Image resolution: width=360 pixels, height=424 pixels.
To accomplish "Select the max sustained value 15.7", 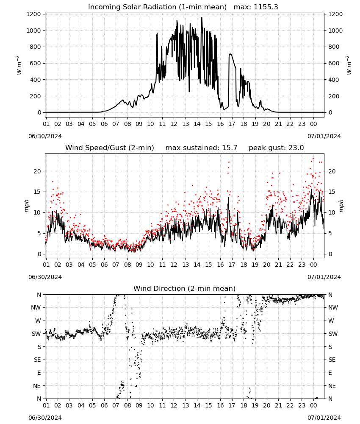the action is pyautogui.click(x=230, y=148).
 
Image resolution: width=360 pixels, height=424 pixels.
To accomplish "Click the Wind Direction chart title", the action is pyautogui.click(x=185, y=288).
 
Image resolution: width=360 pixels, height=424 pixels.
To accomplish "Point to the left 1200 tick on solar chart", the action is pyautogui.click(x=33, y=14).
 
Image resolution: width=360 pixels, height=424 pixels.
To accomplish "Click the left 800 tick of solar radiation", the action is pyautogui.click(x=36, y=47).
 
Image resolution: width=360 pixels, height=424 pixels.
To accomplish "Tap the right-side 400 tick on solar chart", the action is pyautogui.click(x=334, y=80).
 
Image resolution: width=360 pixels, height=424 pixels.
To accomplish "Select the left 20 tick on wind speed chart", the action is pyautogui.click(x=38, y=171).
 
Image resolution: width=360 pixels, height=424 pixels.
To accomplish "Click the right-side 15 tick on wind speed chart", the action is pyautogui.click(x=332, y=192).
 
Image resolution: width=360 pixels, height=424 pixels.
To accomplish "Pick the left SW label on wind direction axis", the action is pyautogui.click(x=36, y=334).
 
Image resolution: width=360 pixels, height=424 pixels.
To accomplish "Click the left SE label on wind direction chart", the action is pyautogui.click(x=37, y=360).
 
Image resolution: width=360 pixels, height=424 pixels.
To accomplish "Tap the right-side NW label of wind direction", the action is pyautogui.click(x=333, y=308).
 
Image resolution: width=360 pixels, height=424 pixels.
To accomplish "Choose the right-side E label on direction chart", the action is pyautogui.click(x=330, y=373).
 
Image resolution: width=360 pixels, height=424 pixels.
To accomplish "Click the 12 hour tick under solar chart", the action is pyautogui.click(x=174, y=124).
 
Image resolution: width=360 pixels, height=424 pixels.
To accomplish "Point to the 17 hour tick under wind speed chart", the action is pyautogui.click(x=232, y=265).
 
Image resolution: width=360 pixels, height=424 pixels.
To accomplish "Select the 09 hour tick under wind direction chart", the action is pyautogui.click(x=139, y=405).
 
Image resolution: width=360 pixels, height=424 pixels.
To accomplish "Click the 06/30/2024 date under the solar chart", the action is pyautogui.click(x=45, y=136).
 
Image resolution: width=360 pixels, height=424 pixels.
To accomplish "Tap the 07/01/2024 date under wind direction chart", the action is pyautogui.click(x=324, y=418).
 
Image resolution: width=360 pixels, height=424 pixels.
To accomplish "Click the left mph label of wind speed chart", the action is pyautogui.click(x=26, y=206).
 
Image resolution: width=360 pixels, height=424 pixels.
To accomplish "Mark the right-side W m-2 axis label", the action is pyautogui.click(x=349, y=65).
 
